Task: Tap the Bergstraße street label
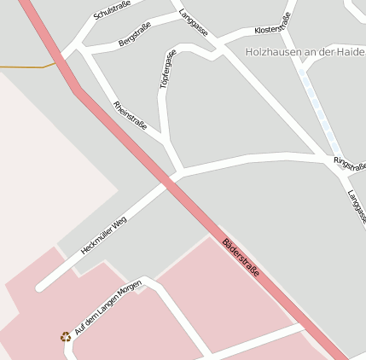(x=135, y=35)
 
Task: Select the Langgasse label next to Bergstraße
(x=194, y=23)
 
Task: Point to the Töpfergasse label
(x=167, y=69)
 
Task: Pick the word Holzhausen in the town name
(x=274, y=52)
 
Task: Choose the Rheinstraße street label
(x=130, y=115)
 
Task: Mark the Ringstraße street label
(x=350, y=164)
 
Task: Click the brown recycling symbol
(x=66, y=337)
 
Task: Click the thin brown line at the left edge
(x=26, y=66)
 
